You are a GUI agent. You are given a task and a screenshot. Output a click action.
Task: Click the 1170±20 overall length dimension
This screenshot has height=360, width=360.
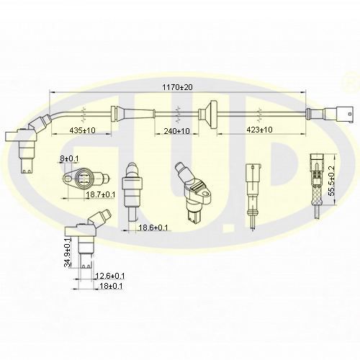point(177,87)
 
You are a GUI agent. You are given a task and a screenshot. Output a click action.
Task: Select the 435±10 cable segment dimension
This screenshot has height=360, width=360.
point(82,130)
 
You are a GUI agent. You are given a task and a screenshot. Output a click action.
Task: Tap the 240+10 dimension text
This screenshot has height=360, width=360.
point(177,131)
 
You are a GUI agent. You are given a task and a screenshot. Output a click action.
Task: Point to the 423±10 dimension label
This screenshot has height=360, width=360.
point(259,130)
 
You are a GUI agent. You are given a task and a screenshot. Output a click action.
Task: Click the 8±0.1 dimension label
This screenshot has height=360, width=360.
point(69,158)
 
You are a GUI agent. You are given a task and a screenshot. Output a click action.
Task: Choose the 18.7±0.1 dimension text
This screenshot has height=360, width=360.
point(101,194)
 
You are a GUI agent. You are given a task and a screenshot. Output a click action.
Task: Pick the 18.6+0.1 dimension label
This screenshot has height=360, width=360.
point(153,228)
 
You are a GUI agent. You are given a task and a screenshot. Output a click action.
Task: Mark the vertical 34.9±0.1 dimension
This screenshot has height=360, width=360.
point(68,253)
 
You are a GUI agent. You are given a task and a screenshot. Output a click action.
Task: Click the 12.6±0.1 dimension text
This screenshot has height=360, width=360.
point(110,276)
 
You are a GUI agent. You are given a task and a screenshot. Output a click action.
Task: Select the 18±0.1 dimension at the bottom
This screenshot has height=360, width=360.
point(111,286)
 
